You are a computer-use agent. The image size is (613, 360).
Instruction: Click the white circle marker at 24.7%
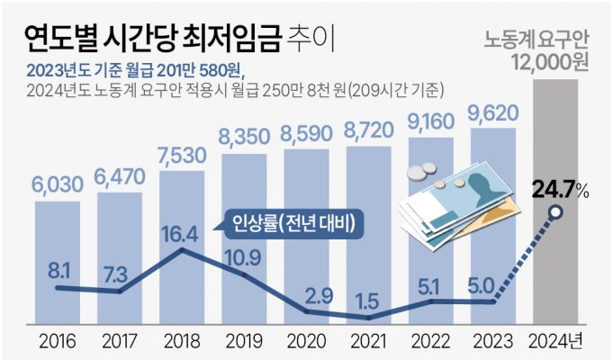[556, 213]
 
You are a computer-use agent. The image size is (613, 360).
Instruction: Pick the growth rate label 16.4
[183, 235]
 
